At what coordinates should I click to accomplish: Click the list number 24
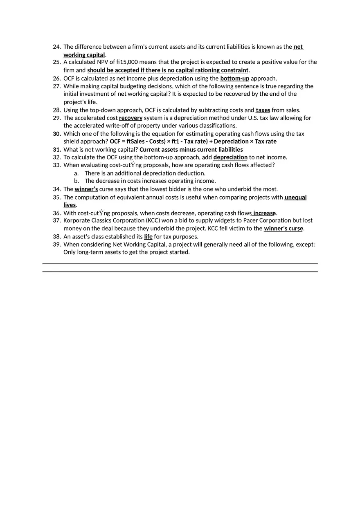point(57,47)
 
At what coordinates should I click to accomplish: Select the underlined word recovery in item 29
point(130,118)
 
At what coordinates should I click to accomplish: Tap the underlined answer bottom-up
point(234,78)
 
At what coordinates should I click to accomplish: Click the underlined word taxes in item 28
point(263,110)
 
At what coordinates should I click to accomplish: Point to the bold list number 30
point(57,134)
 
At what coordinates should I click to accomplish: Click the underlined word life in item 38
point(148,236)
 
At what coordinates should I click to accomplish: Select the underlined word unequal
point(295,197)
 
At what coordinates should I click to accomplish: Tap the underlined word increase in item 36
point(264,213)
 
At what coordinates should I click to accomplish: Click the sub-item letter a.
point(76,173)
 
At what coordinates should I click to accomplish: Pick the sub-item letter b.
point(76,181)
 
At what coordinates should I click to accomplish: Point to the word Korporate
point(76,220)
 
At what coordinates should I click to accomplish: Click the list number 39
point(57,245)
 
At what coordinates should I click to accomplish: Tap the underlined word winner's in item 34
point(86,189)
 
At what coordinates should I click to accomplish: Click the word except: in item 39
point(305,245)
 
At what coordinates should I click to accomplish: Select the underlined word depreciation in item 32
point(230,157)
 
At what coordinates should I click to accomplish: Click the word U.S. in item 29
point(251,118)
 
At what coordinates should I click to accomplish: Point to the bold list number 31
point(57,150)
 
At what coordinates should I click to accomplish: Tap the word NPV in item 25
point(103,62)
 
